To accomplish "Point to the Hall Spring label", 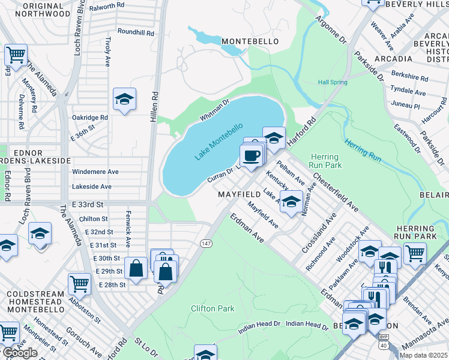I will pyautogui.click(x=332, y=82).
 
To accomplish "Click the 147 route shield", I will pyautogui.click(x=206, y=242).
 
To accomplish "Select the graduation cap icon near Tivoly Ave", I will pyautogui.click(x=124, y=99).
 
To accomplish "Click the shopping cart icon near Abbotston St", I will pyautogui.click(x=79, y=284).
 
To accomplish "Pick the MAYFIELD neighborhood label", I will pyautogui.click(x=239, y=195).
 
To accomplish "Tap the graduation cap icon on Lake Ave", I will pyautogui.click(x=291, y=202).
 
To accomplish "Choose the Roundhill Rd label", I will pyautogui.click(x=136, y=31).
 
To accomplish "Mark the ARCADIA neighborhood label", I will pyautogui.click(x=393, y=59).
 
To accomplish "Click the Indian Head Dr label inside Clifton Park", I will pyautogui.click(x=259, y=323).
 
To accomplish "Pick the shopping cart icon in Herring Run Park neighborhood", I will pyautogui.click(x=415, y=253).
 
